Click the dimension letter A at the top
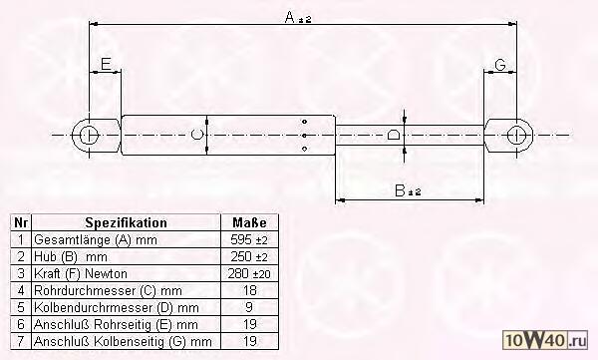(290, 17)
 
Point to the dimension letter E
(106, 64)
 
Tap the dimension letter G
(500, 65)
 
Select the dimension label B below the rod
(400, 190)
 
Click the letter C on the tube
(196, 135)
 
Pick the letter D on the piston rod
(394, 135)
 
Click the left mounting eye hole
(90, 136)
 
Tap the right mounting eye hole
(516, 136)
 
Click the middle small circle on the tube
(304, 136)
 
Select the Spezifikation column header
(126, 222)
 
